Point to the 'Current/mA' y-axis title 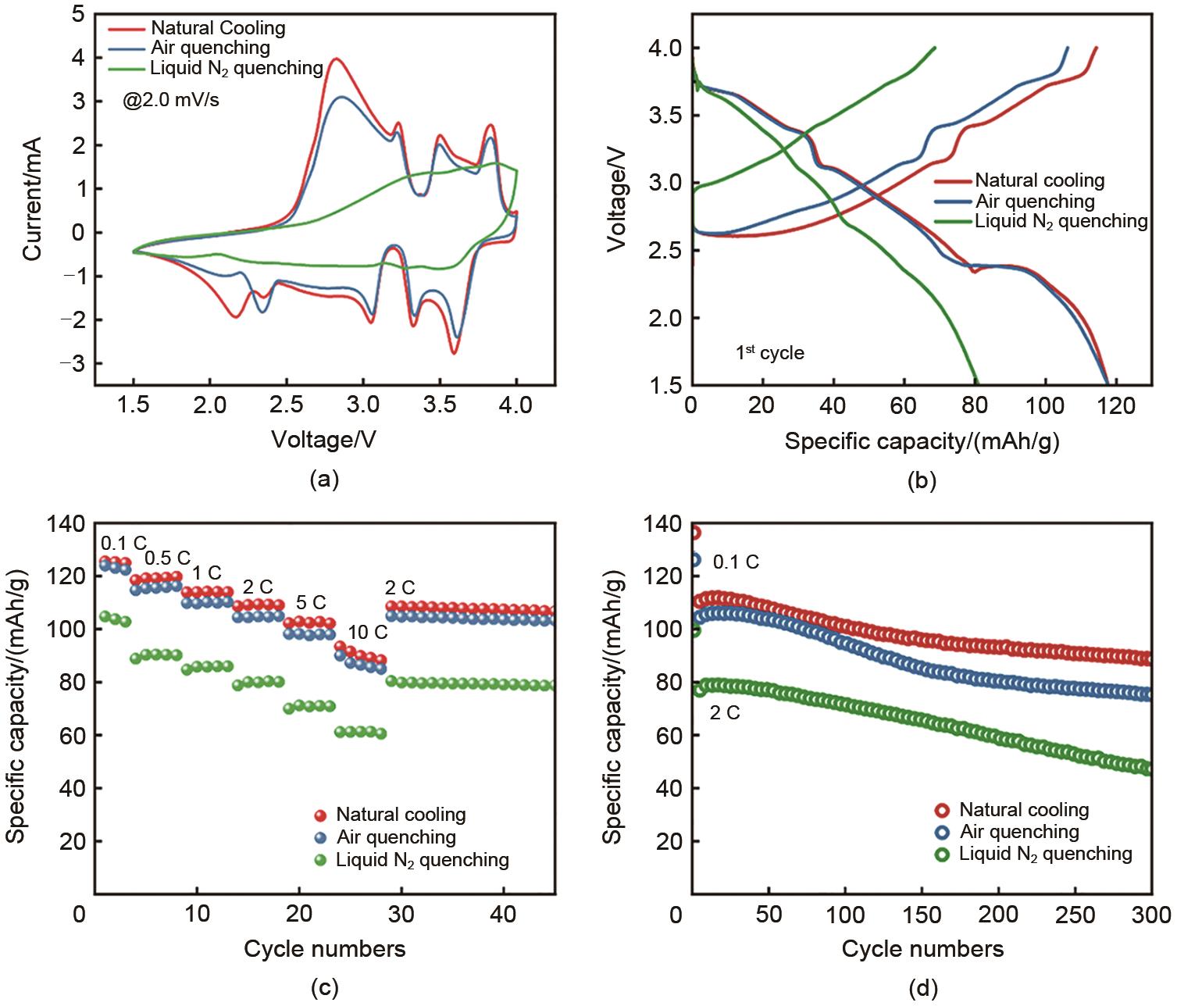(x=32, y=198)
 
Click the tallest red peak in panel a (x=336, y=59)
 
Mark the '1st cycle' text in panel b (x=769, y=352)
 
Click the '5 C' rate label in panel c (x=310, y=603)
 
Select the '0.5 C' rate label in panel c (x=167, y=558)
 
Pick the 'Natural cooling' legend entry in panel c (x=401, y=815)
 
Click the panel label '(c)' (x=324, y=988)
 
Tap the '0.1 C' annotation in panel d (x=736, y=562)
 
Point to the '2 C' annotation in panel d (x=724, y=712)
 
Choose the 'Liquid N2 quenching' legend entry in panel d (x=1045, y=854)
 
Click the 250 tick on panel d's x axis (x=1075, y=914)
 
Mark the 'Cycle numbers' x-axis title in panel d (x=922, y=949)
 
